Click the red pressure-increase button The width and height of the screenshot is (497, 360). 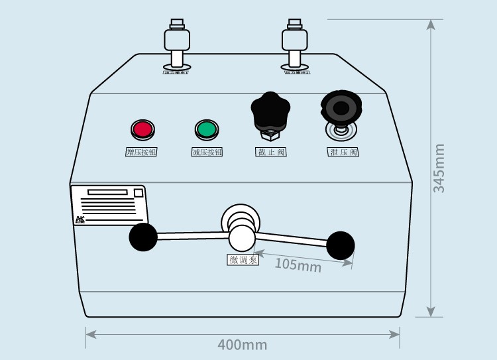click(x=142, y=129)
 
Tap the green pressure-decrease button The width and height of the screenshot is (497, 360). click(x=206, y=129)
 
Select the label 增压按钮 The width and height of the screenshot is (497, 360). click(x=141, y=152)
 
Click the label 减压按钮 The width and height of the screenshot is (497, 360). click(x=206, y=152)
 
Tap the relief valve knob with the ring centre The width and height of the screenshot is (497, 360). click(x=342, y=108)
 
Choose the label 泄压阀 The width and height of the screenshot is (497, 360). click(x=343, y=152)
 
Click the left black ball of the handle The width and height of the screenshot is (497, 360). click(x=143, y=237)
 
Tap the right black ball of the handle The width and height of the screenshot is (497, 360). click(x=341, y=245)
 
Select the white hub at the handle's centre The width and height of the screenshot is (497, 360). click(x=242, y=236)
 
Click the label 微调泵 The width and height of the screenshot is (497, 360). click(x=243, y=260)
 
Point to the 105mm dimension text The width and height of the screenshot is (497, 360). click(x=298, y=265)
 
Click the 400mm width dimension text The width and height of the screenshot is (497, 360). click(x=242, y=345)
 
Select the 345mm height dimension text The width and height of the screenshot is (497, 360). click(x=439, y=168)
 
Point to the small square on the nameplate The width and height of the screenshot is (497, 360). click(x=138, y=193)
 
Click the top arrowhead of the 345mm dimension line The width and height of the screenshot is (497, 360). click(x=431, y=25)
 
